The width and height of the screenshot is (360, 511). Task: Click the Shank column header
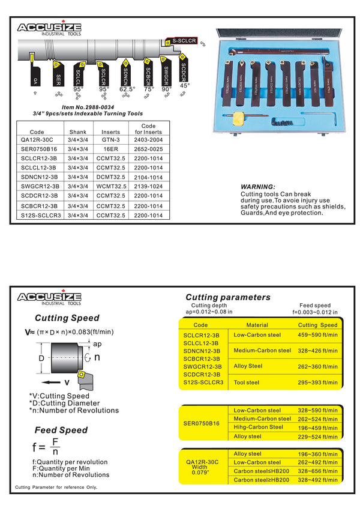[78, 132]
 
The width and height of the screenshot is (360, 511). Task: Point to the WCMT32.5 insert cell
[112, 186]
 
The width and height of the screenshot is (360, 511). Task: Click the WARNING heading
[257, 187]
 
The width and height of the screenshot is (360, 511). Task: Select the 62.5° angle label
[127, 89]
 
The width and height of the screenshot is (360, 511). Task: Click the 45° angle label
[184, 86]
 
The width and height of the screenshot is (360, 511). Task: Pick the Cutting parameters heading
[227, 297]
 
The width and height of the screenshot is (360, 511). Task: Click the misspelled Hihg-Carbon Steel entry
[258, 428]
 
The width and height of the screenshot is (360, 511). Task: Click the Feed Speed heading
[61, 430]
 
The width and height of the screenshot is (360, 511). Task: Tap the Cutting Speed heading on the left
[67, 318]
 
